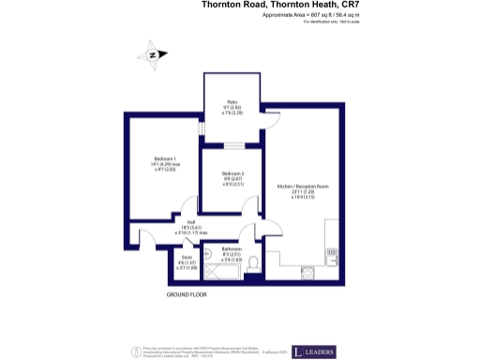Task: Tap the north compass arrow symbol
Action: click(153, 55)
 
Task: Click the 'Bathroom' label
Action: click(232, 249)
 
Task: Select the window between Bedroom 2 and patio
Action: click(232, 145)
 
